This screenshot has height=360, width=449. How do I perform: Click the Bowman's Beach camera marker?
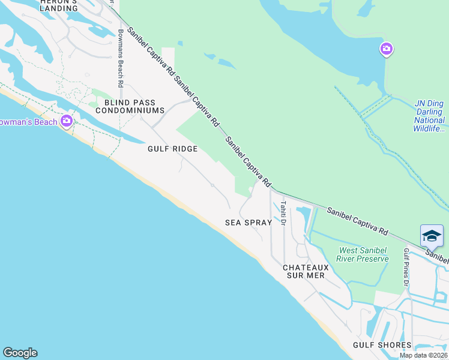pyautogui.click(x=67, y=121)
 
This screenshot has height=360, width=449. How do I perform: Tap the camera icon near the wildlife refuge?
pyautogui.click(x=387, y=49)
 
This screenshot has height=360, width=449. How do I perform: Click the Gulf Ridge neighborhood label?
pyautogui.click(x=173, y=150)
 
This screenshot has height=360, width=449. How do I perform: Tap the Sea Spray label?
pyautogui.click(x=249, y=223)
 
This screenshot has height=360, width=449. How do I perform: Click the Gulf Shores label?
pyautogui.click(x=382, y=345)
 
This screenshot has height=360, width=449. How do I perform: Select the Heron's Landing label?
pyautogui.click(x=58, y=5)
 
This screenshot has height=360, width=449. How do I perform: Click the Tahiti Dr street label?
pyautogui.click(x=283, y=213)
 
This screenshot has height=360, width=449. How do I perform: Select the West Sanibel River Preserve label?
pyautogui.click(x=364, y=254)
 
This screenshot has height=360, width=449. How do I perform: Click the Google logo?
pyautogui.click(x=20, y=353)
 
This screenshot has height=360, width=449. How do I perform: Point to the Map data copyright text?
pyautogui.click(x=424, y=356)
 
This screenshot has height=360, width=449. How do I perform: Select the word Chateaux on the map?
pyautogui.click(x=306, y=266)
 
